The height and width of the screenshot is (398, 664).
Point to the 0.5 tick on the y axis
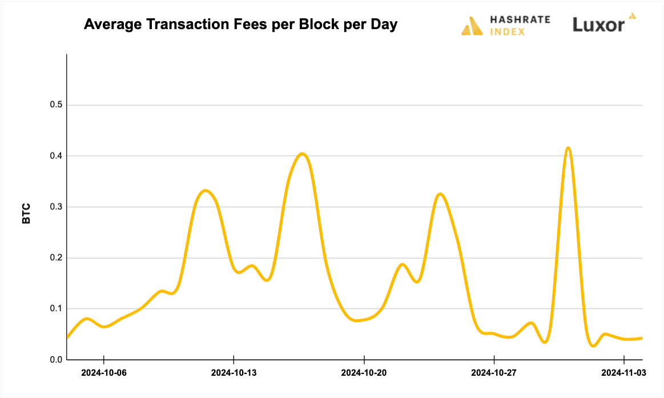(55, 105)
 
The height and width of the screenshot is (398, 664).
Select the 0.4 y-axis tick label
(55, 156)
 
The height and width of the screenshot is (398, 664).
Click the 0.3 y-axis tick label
(55, 207)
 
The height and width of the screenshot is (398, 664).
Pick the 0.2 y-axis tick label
(55, 258)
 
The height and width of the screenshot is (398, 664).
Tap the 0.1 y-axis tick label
(55, 308)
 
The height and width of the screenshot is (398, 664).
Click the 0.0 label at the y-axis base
(55, 360)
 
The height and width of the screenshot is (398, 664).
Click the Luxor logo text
(598, 25)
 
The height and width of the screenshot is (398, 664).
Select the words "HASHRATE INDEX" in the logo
(520, 25)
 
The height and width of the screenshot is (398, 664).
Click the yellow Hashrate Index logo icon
(472, 26)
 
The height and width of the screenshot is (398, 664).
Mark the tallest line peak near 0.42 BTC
(568, 148)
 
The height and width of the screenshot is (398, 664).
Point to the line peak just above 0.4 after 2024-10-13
(303, 153)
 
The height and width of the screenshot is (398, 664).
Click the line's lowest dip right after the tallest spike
(594, 346)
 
